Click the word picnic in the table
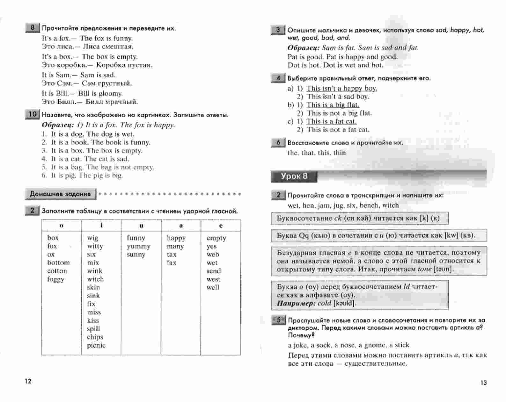(x=96, y=345)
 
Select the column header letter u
(x=141, y=226)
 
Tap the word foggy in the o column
(x=56, y=279)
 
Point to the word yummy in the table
(x=138, y=246)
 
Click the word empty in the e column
(x=216, y=238)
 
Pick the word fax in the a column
(x=172, y=263)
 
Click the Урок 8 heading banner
(x=294, y=176)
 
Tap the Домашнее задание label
(x=60, y=194)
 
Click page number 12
(x=28, y=381)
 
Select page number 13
(x=484, y=383)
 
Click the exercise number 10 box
(x=32, y=114)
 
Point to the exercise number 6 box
(x=278, y=142)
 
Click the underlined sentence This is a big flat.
(x=333, y=105)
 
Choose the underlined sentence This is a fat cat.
(x=332, y=121)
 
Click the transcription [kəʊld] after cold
(x=344, y=303)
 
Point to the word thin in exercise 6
(x=339, y=153)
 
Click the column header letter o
(x=62, y=226)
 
